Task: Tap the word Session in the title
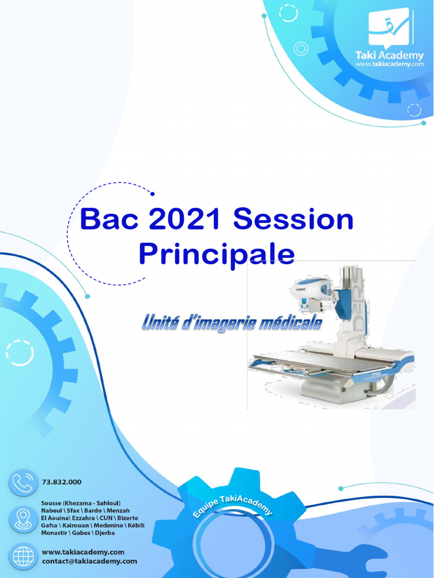[x=293, y=219]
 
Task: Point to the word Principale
[x=217, y=255]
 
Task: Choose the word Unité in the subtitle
[x=160, y=322]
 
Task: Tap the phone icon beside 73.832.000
[x=23, y=483]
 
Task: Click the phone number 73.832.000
[x=62, y=482]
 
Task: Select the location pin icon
[x=23, y=520]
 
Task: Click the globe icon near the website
[x=23, y=557]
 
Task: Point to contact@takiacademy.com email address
[x=89, y=562]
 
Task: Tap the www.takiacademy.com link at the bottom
[x=83, y=552]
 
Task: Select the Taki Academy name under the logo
[x=389, y=56]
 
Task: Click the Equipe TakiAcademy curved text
[x=232, y=506]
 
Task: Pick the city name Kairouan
[x=76, y=526]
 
